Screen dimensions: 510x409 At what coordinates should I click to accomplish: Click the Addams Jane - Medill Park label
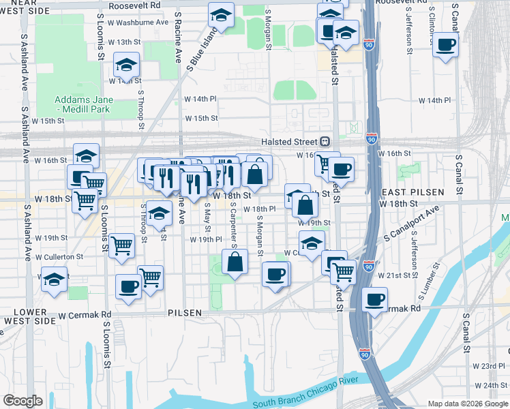84,104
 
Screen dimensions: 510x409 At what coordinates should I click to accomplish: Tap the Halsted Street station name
290,142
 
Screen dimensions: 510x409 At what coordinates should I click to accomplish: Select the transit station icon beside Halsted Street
325,142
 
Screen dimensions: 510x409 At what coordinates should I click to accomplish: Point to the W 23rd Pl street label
486,366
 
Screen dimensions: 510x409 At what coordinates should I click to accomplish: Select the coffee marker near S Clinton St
445,44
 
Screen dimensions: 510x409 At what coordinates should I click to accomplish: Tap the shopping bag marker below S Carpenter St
235,262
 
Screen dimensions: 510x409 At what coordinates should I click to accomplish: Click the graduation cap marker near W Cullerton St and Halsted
312,243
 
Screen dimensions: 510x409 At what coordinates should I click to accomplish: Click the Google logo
22,401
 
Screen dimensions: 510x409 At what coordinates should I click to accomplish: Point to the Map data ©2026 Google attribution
468,404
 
